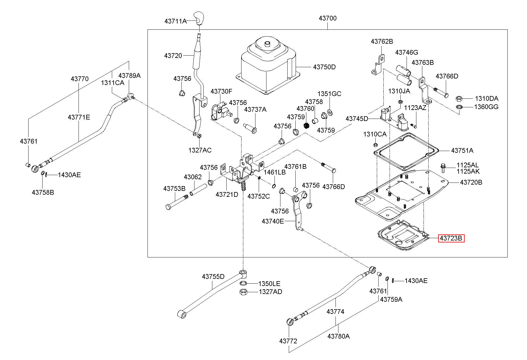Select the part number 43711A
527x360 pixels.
(x=175, y=21)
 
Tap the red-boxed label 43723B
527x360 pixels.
(x=451, y=238)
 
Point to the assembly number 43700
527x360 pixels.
(x=328, y=18)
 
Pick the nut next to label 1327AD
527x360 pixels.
(x=243, y=292)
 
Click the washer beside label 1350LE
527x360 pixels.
(x=243, y=283)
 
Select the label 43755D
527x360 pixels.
(x=213, y=276)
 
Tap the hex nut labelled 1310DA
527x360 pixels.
(x=459, y=98)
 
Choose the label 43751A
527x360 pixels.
(x=462, y=150)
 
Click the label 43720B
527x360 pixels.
(x=471, y=182)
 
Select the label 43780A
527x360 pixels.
(x=339, y=336)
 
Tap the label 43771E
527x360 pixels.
(x=79, y=117)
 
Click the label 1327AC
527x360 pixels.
(x=200, y=150)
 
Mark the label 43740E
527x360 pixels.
(x=273, y=221)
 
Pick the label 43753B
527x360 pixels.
(x=174, y=188)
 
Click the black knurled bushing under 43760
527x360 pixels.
(x=307, y=125)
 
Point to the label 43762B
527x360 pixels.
(x=382, y=41)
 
